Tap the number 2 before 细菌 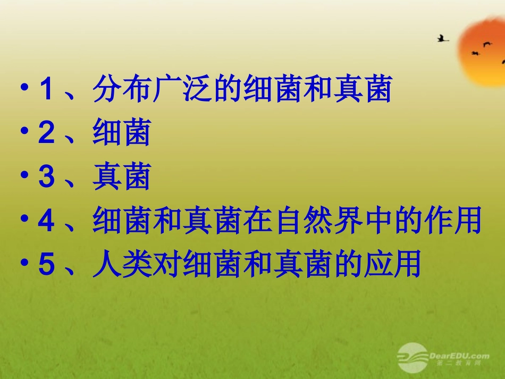point(46,133)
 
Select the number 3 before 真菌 point(46,178)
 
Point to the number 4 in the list point(46,221)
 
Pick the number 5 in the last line point(46,265)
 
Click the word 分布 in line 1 point(122,89)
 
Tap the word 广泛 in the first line point(182,89)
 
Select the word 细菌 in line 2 point(122,133)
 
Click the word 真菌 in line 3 point(122,178)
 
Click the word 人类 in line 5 point(122,265)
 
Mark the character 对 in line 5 point(167,265)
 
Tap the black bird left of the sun point(442,38)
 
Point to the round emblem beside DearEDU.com point(411,357)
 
